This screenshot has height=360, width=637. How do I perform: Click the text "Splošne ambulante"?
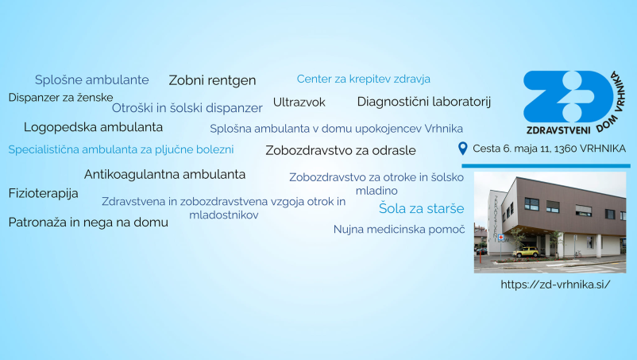coord(91,79)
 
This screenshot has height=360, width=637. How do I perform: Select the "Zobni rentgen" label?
coord(212,80)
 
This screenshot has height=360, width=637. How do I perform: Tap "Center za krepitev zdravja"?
coord(363,79)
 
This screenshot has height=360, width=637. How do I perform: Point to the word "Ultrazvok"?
coord(299,102)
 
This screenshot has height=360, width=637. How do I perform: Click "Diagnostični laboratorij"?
coord(424,101)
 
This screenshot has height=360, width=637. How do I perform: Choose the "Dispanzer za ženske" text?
coord(60,97)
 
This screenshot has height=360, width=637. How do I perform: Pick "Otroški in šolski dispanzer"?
coord(187,107)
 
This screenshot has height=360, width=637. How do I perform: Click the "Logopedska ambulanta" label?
coord(93,126)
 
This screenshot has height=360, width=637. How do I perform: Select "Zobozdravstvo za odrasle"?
coord(340,149)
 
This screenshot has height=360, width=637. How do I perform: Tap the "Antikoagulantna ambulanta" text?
coord(164,174)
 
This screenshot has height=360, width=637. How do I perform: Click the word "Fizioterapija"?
coord(43,193)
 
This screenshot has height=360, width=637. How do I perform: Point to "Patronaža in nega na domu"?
coord(88,222)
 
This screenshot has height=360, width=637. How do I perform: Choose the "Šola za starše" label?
coord(410,208)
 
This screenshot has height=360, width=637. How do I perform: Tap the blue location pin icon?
coord(463,148)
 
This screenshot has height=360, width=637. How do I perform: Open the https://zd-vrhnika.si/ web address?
coord(555,284)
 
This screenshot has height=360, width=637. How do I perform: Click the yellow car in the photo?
coord(525,252)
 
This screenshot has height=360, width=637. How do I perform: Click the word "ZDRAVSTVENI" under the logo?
coord(557,129)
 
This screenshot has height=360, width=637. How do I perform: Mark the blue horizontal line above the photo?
coord(545,165)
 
